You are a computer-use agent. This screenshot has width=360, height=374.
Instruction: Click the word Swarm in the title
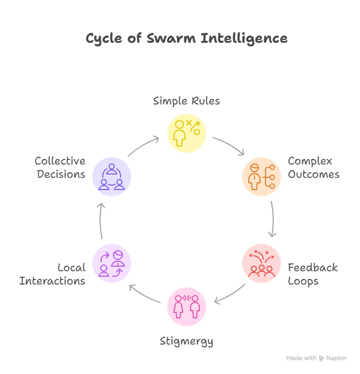pos(171,38)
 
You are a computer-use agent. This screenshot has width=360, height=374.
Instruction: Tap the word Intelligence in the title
pos(244,39)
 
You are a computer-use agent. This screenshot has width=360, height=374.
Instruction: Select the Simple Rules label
pos(187,101)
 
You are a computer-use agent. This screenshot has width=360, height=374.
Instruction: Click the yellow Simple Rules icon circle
pos(187,133)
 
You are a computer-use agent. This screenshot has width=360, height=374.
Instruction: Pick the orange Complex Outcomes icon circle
pos(262,177)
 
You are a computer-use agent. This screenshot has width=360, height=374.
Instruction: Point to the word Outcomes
pos(314,174)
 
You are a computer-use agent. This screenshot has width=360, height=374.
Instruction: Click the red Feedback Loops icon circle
pos(262,263)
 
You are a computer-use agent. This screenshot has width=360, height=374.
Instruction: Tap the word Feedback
pos(313,267)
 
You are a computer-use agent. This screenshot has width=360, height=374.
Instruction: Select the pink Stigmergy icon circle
pos(187,307)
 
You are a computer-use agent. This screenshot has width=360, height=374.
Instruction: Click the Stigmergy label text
pos(187,342)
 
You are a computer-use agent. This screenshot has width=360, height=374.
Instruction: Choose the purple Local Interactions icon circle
pos(112,263)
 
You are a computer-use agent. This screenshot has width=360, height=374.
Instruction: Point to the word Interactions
pos(52,281)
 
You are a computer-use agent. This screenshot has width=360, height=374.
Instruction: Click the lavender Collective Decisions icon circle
pos(112,177)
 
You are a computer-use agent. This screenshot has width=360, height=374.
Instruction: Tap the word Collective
pos(60,161)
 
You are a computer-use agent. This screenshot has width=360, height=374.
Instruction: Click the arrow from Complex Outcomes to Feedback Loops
pos(273,220)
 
